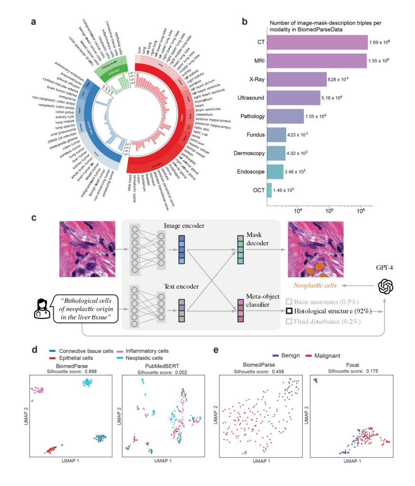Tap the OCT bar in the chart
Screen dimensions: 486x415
pyautogui.click(x=269, y=190)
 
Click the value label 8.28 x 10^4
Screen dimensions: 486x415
pyautogui.click(x=339, y=80)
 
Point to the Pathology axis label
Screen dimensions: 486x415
pyautogui.click(x=250, y=116)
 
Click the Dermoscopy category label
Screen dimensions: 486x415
pyautogui.click(x=246, y=153)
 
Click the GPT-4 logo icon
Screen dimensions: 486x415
pyautogui.click(x=386, y=286)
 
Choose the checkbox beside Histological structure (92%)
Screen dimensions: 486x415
pyautogui.click(x=288, y=312)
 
